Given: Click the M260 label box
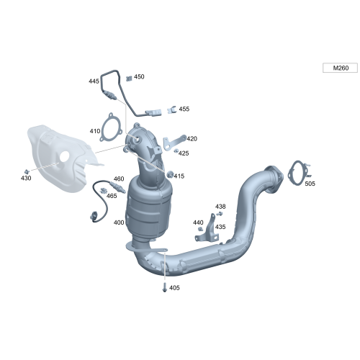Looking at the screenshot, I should click(x=340, y=68).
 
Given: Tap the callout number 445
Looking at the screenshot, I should click(x=94, y=81).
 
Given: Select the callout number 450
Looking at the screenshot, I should click(x=139, y=76).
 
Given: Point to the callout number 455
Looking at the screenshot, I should click(x=184, y=109).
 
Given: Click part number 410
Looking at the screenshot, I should click(x=95, y=131).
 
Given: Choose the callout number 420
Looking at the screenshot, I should click(x=192, y=138).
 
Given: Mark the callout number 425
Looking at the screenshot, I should click(x=184, y=153).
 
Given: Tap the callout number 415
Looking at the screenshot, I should click(x=179, y=176).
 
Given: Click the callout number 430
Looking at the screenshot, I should click(x=26, y=177).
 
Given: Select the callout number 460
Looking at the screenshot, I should click(x=119, y=179).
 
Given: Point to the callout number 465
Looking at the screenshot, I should click(x=112, y=195).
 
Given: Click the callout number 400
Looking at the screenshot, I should click(x=119, y=222).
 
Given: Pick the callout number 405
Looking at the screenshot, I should click(x=174, y=288).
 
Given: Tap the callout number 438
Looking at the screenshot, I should click(x=220, y=206).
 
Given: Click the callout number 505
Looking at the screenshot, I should click(x=310, y=184).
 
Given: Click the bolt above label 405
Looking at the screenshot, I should click(x=165, y=287).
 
